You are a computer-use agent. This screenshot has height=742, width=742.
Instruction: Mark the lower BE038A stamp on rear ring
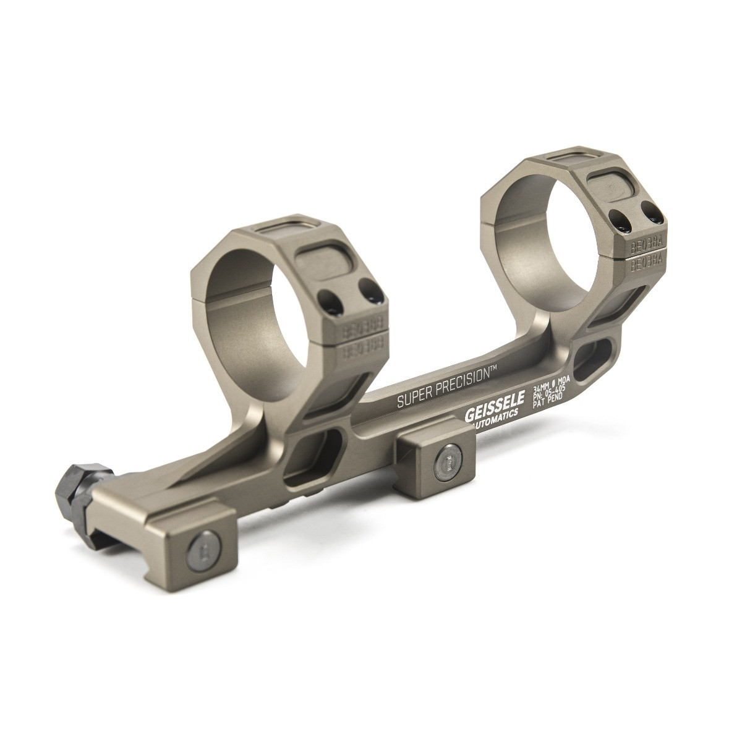646,262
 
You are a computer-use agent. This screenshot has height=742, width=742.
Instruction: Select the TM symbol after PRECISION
494,369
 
